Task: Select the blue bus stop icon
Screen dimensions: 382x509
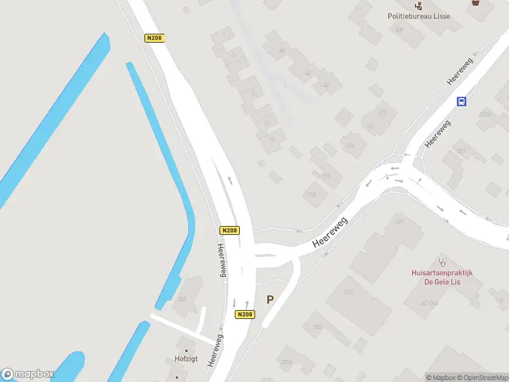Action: tap(462, 101)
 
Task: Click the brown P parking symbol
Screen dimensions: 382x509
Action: tap(270, 299)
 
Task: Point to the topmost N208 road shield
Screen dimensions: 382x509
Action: tap(154, 38)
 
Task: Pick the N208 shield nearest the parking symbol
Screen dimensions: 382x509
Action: tap(245, 315)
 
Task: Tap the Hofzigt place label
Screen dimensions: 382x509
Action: tap(186, 359)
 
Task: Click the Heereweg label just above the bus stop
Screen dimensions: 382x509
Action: tap(461, 71)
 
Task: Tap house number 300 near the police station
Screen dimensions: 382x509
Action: tap(399, 30)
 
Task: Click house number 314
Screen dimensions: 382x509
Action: tap(350, 145)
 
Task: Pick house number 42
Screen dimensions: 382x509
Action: tap(326, 85)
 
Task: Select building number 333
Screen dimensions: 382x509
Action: tap(348, 292)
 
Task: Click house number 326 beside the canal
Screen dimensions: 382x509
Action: tap(182, 298)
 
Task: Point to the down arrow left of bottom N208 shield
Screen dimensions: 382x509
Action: tap(234, 303)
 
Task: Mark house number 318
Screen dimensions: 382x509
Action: tap(311, 194)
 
